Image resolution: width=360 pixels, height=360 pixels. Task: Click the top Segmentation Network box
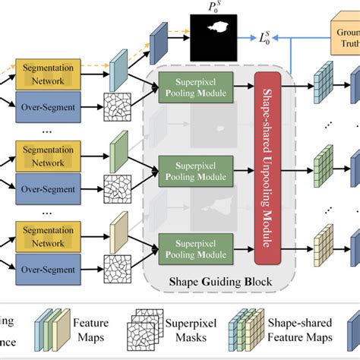point(48,74)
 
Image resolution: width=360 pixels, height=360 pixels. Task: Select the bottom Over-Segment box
point(48,268)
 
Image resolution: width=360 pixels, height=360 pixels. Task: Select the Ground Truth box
point(345,38)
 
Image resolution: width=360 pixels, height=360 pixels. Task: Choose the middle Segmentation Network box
point(48,157)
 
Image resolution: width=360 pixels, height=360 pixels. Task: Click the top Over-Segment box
point(48,109)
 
